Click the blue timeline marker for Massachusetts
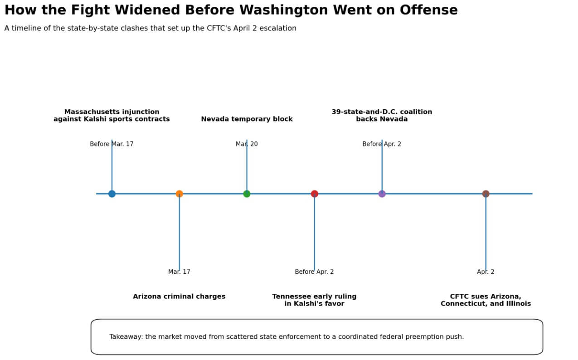[112, 194]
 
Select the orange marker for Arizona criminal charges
[180, 194]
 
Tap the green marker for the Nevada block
[247, 194]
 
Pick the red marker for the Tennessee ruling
[315, 194]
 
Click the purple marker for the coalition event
[382, 194]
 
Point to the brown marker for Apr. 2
[486, 194]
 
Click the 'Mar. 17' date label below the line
[179, 272]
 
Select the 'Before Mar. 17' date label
[112, 144]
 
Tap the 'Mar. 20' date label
[247, 144]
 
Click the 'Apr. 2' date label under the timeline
[486, 272]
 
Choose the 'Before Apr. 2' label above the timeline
[382, 144]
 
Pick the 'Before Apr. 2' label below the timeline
[314, 272]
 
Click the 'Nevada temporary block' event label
[247, 119]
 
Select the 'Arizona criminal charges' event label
[179, 296]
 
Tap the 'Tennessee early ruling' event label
[314, 296]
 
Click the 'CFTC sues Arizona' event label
[486, 296]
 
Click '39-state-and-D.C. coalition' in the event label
[382, 112]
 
